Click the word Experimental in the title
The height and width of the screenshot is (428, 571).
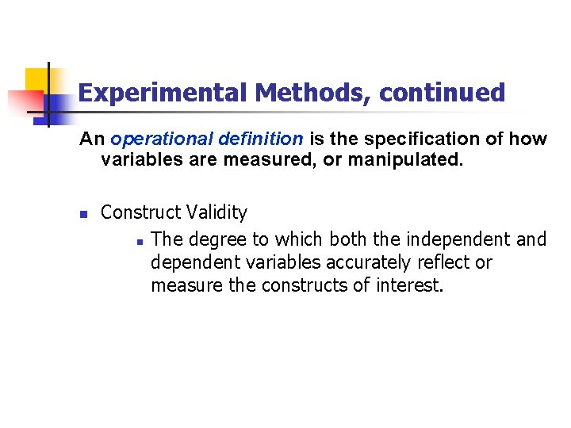[163, 94]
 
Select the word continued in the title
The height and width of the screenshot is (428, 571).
[442, 94]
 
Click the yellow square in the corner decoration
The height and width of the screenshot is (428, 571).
[36, 80]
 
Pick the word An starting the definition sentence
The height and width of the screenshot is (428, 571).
[92, 139]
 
